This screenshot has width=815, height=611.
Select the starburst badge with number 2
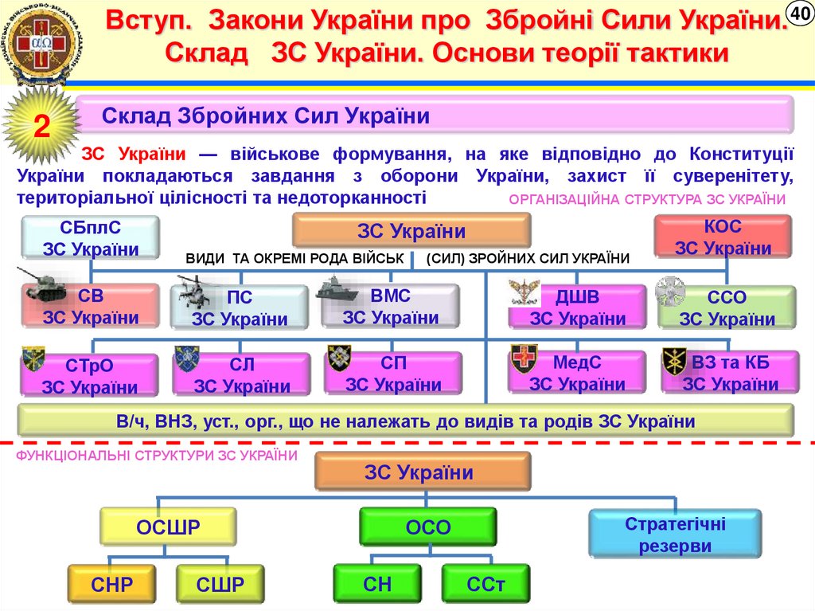point(40,127)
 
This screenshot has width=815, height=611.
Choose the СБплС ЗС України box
point(90,237)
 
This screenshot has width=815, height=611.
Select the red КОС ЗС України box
point(723,237)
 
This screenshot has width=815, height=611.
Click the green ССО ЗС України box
point(726,308)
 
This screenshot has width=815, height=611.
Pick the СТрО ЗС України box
point(89,376)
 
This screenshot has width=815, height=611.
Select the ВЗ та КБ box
point(730,373)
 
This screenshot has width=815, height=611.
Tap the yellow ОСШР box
point(168,527)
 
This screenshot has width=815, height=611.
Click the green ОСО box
point(428,527)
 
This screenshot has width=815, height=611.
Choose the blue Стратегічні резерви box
point(674,535)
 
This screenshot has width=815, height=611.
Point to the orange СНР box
point(112,586)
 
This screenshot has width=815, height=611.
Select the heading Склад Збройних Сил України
point(266,116)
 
